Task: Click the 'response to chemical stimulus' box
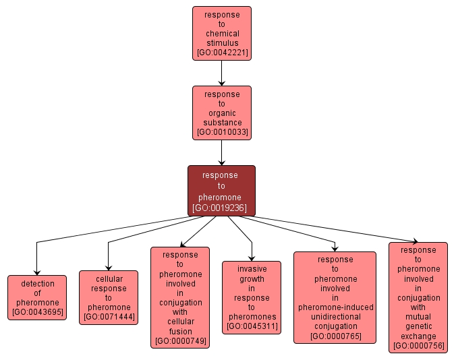(221, 33)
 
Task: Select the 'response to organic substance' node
(221, 113)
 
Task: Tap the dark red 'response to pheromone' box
(221, 191)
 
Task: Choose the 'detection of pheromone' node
(37, 297)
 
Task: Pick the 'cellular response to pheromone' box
(109, 297)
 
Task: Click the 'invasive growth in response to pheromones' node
(252, 297)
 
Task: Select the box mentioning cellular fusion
(180, 297)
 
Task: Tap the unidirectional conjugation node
(335, 297)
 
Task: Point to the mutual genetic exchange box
(418, 297)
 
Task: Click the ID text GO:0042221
(221, 53)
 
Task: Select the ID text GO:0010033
(221, 132)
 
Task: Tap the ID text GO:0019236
(221, 208)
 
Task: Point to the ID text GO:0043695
(37, 311)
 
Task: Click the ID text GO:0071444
(109, 317)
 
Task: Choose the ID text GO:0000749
(180, 341)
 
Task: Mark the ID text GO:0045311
(252, 326)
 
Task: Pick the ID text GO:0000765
(335, 336)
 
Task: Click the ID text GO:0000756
(418, 345)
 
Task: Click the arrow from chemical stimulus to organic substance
(221, 73)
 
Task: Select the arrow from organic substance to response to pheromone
(221, 152)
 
